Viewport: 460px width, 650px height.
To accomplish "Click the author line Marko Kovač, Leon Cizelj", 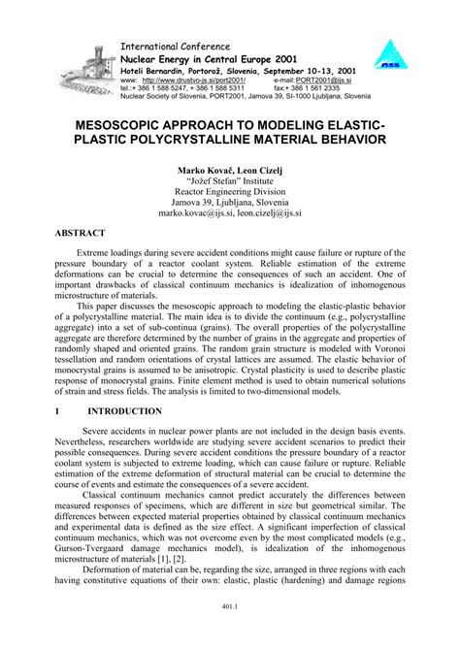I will (x=230, y=170).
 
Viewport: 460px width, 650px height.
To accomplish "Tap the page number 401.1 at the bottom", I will (x=230, y=634).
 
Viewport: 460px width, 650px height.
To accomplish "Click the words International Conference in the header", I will (x=174, y=46).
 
